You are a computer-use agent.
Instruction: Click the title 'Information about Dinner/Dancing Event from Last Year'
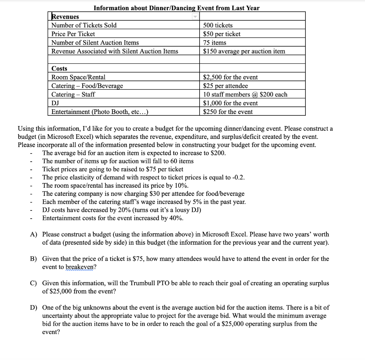(176, 8)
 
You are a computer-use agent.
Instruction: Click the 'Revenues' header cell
(65, 17)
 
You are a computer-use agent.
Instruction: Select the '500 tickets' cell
(217, 25)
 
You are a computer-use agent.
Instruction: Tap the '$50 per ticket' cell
(221, 34)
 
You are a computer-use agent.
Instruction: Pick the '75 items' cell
(214, 42)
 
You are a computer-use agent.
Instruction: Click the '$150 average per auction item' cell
(244, 51)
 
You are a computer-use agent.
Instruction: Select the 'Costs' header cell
(59, 68)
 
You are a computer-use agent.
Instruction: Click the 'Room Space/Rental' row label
(78, 77)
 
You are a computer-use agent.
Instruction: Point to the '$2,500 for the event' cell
(230, 77)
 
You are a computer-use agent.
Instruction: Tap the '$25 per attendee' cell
(225, 86)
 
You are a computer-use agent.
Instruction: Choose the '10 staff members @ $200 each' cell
(245, 94)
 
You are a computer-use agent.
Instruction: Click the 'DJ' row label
(55, 103)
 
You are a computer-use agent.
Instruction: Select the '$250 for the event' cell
(227, 112)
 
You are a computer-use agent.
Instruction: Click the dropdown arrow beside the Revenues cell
(195, 17)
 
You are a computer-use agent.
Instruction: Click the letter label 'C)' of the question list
(34, 283)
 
